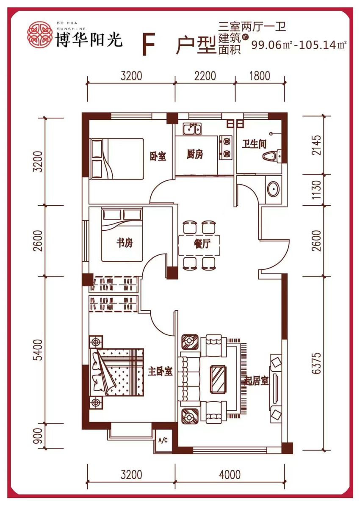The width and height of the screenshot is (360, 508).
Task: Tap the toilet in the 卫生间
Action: coord(272,156)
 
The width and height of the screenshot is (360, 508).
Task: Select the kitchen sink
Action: coord(192,129)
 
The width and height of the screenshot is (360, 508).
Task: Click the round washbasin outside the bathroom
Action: coord(273,188)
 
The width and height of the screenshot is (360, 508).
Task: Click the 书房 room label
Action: coord(125,243)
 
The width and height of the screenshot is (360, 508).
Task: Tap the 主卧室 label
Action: coord(160,372)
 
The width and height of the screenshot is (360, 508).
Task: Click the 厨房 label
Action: coord(195,154)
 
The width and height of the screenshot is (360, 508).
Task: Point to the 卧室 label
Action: coord(158,156)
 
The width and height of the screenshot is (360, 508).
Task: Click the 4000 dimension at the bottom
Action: coord(230,475)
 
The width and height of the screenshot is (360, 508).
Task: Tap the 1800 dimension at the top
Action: coord(260,76)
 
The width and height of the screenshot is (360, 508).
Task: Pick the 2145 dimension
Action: coord(316,145)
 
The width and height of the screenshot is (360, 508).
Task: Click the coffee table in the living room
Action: coord(218,379)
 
